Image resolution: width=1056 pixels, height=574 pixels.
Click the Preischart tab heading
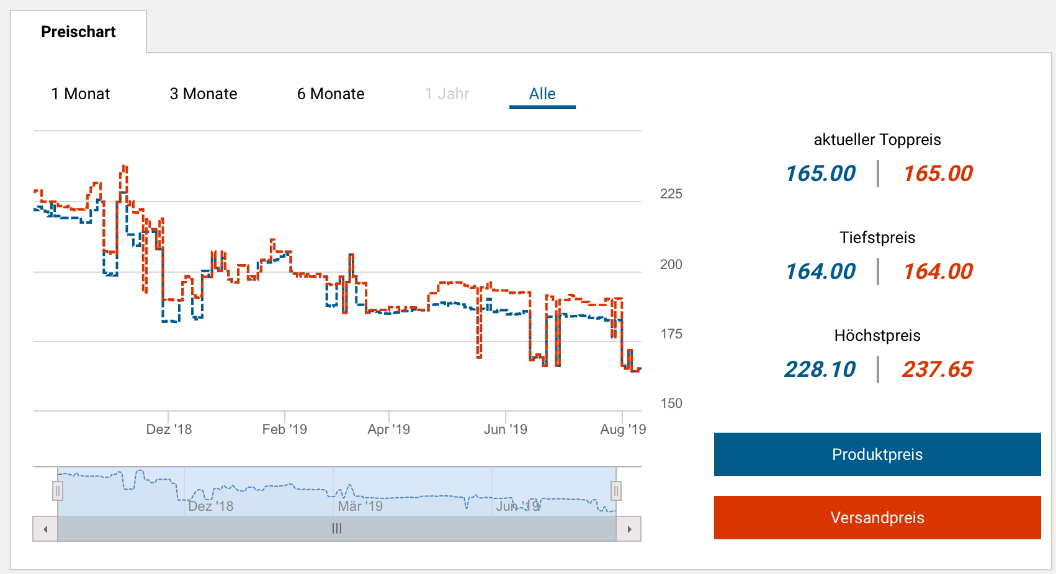[x=78, y=32]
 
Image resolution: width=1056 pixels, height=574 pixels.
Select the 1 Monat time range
[x=81, y=94]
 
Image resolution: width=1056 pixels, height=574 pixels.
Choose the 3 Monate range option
[x=204, y=94]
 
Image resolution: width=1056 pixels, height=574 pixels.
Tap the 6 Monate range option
[x=331, y=94]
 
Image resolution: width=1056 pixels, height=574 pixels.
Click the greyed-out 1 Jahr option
[x=447, y=94]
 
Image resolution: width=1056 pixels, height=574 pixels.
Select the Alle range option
[x=542, y=94]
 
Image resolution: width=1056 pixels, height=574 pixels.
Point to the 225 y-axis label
[x=671, y=194]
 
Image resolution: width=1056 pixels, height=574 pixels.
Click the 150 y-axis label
[x=671, y=404]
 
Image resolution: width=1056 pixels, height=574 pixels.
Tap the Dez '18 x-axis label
[x=169, y=429]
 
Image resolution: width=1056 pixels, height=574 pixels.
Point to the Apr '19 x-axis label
[x=389, y=429]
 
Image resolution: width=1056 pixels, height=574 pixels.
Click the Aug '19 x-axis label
[x=623, y=429]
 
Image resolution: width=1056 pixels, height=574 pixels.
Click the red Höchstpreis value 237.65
[x=937, y=369]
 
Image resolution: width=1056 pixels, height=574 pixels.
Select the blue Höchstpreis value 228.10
[x=820, y=369]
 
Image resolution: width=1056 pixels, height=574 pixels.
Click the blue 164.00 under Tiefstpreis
[x=820, y=272]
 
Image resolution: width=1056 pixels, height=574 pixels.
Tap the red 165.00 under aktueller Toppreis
[x=937, y=174]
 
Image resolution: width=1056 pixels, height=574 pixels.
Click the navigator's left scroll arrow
[x=45, y=529]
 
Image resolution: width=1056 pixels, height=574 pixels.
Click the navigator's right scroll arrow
[x=629, y=529]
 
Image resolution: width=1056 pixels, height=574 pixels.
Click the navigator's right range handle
[x=616, y=491]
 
